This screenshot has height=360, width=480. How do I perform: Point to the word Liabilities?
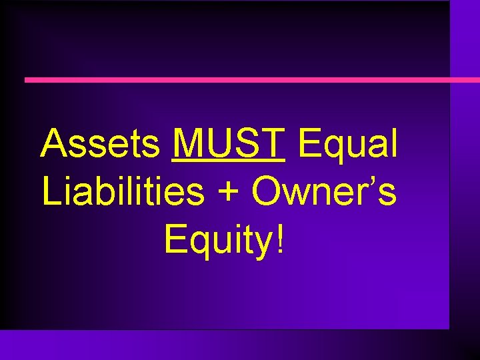point(123,191)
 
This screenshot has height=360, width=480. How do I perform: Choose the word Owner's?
point(324,191)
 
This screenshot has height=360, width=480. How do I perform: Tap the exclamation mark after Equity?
point(279,239)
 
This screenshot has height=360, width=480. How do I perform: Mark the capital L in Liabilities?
point(51,191)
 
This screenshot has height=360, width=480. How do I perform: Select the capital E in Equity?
point(174,239)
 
